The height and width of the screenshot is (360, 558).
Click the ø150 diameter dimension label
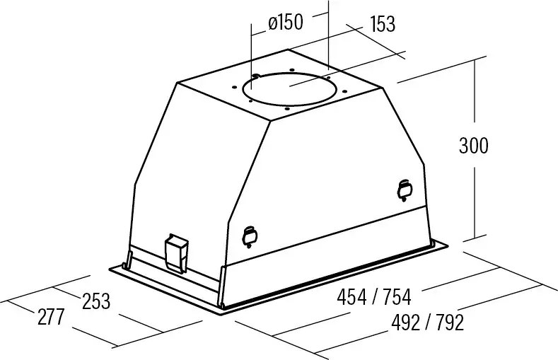[x=286, y=23]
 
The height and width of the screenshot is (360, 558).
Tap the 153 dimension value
[x=383, y=24]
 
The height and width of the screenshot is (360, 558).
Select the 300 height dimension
[x=474, y=146]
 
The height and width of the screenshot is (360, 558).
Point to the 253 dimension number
[x=96, y=301]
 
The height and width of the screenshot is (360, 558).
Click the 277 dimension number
[x=51, y=317]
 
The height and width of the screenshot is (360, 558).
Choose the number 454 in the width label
[x=351, y=297]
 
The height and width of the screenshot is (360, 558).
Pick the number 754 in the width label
[x=397, y=297]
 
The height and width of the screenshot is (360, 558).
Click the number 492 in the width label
[x=406, y=323]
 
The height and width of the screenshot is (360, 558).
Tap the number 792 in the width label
[x=450, y=323]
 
